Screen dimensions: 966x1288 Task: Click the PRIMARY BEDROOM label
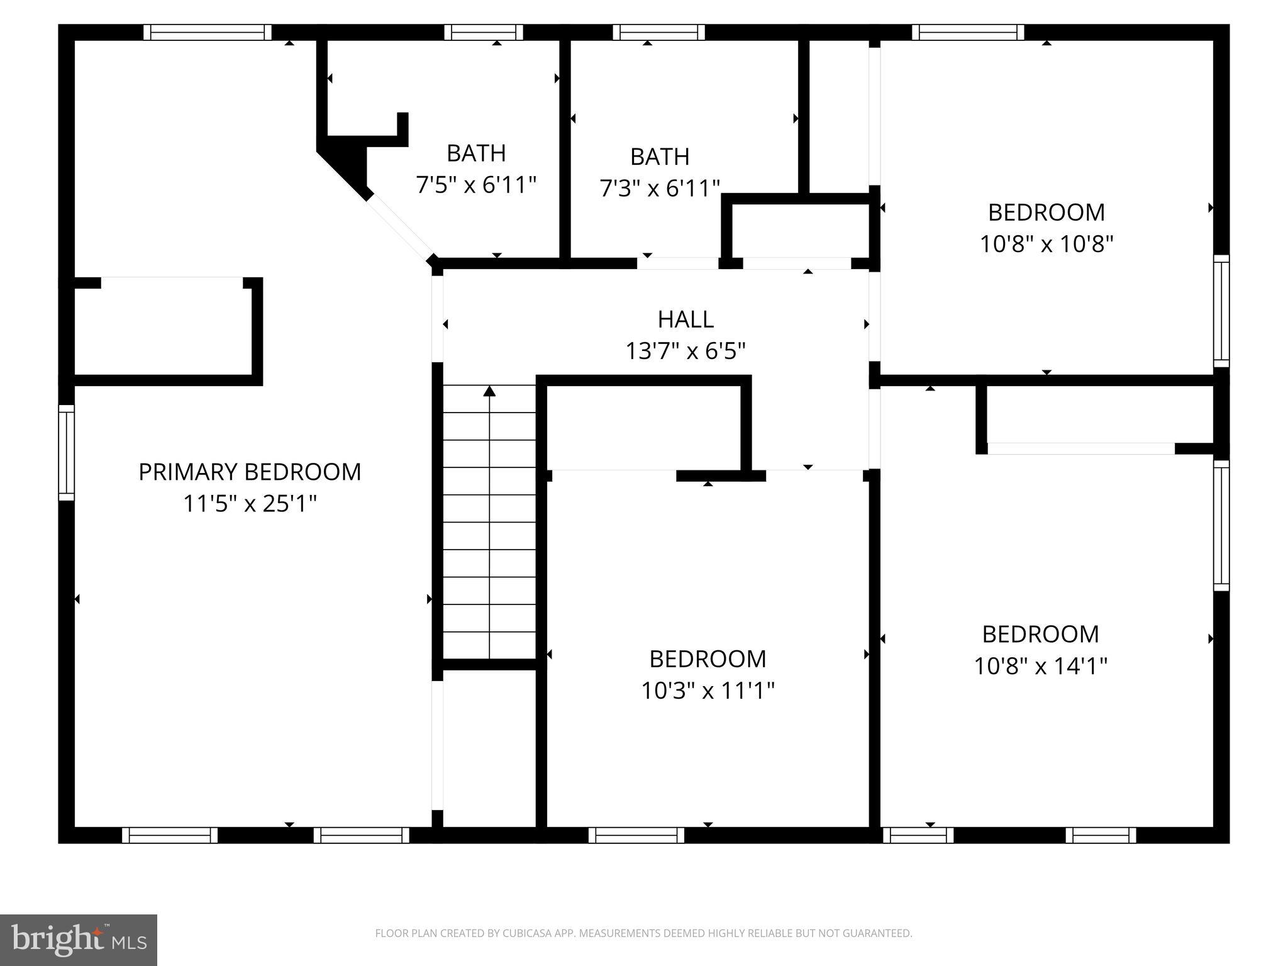(x=250, y=472)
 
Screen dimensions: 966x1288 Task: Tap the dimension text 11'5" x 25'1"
(x=250, y=504)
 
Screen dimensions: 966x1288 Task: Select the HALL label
(x=686, y=319)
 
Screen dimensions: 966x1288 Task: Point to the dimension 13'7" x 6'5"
(x=686, y=351)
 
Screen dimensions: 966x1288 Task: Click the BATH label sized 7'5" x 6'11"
(x=476, y=153)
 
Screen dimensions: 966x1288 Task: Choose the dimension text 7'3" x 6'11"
(x=660, y=188)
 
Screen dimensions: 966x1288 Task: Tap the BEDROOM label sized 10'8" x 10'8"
(x=1046, y=213)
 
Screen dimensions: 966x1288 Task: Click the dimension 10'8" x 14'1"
(x=1040, y=666)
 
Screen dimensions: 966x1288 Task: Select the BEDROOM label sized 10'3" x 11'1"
(x=708, y=659)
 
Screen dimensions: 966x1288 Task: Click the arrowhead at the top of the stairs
(x=489, y=391)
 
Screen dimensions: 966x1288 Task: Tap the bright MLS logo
(x=79, y=940)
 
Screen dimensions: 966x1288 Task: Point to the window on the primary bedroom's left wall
(x=67, y=453)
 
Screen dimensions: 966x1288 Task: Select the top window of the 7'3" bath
(x=659, y=32)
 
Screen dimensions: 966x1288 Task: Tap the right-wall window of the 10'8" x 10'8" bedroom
(x=1221, y=311)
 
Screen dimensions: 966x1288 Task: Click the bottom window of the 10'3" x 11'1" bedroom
(x=636, y=835)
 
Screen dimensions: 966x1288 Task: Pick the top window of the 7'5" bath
(x=484, y=32)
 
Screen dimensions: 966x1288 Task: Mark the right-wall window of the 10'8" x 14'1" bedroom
(x=1221, y=525)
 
